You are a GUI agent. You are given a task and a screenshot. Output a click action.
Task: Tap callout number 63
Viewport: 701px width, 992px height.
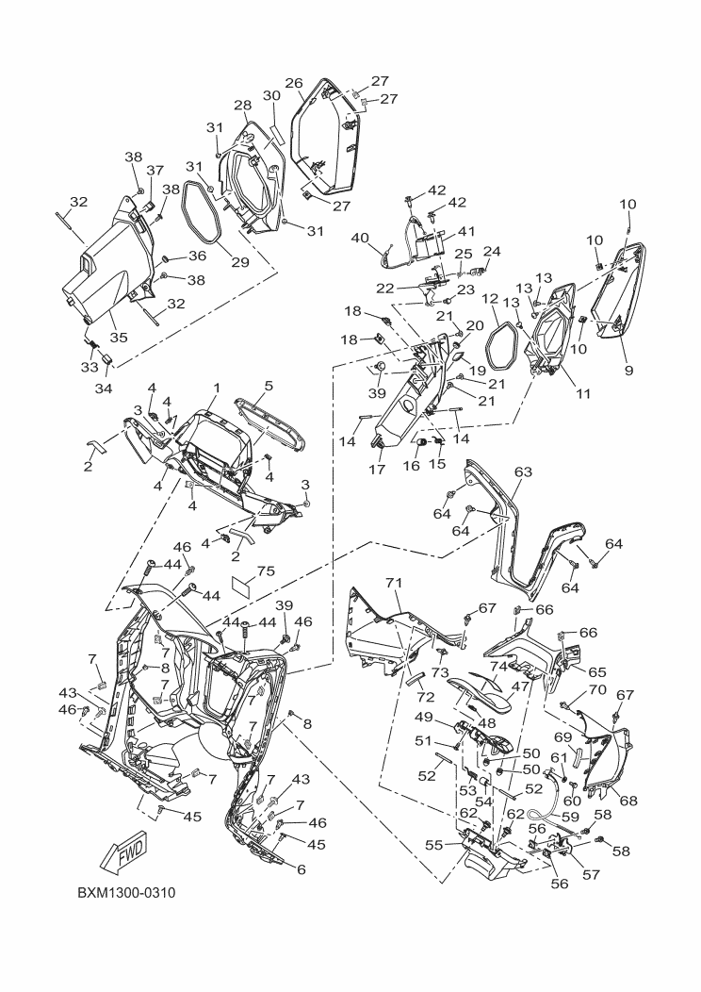pos(523,470)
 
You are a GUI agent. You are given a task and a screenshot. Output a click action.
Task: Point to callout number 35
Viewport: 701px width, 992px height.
pos(118,336)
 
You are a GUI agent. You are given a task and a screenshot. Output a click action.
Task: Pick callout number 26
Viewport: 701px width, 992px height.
pos(294,83)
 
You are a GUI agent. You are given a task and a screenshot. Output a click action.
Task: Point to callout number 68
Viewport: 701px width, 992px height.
pos(628,801)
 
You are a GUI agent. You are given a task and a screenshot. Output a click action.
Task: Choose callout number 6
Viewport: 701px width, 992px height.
pos(302,869)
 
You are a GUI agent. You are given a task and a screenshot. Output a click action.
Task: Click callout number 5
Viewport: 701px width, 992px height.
pos(269,386)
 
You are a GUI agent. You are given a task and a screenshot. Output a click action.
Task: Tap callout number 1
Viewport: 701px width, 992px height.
pos(216,388)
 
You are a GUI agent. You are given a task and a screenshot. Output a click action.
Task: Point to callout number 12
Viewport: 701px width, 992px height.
pos(490,298)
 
